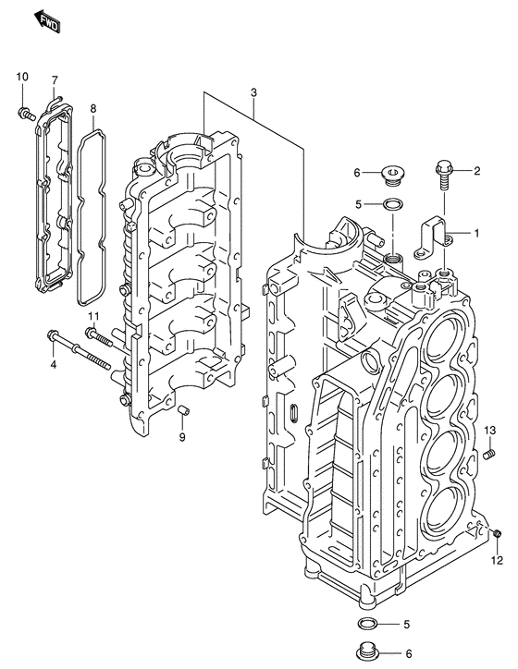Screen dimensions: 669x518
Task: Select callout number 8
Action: point(92,110)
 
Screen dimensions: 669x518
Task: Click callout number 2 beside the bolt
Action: point(477,171)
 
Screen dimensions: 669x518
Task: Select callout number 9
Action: point(182,437)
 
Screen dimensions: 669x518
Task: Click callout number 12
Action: point(497,560)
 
